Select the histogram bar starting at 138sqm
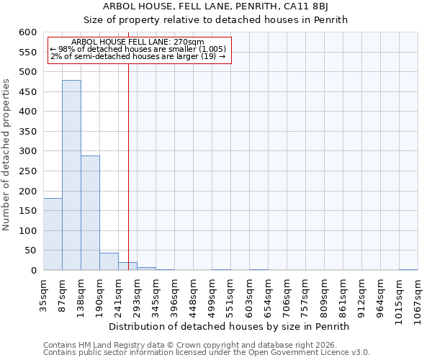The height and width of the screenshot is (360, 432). point(90,212)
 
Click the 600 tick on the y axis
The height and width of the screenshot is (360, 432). point(27,32)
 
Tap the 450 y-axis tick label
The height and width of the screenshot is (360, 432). point(27,92)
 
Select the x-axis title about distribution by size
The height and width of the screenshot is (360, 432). point(230,326)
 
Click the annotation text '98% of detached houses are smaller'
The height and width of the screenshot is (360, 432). point(138,49)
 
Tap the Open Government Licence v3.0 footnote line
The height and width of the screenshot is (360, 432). point(207,352)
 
